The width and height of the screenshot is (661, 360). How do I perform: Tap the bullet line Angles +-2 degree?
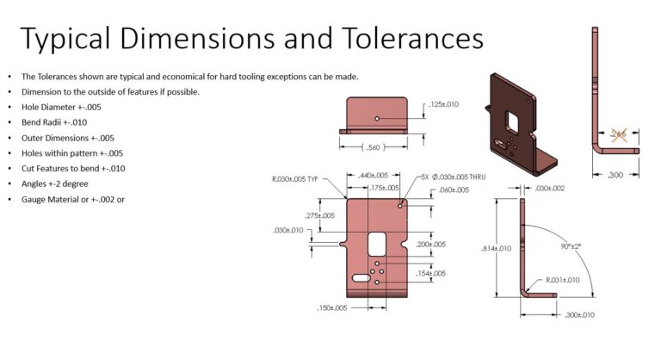point(66,183)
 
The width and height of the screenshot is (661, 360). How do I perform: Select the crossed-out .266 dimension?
point(618,133)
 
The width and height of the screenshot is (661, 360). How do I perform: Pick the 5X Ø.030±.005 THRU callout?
point(454,177)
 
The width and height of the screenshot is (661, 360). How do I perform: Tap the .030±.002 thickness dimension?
point(548,189)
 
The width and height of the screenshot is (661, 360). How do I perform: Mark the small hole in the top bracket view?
point(378,118)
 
